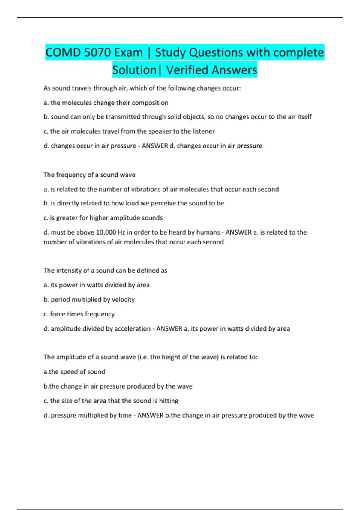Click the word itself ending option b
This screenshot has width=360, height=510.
(x=304, y=117)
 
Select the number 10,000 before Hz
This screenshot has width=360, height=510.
(x=106, y=232)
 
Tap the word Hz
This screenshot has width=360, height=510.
(x=121, y=232)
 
